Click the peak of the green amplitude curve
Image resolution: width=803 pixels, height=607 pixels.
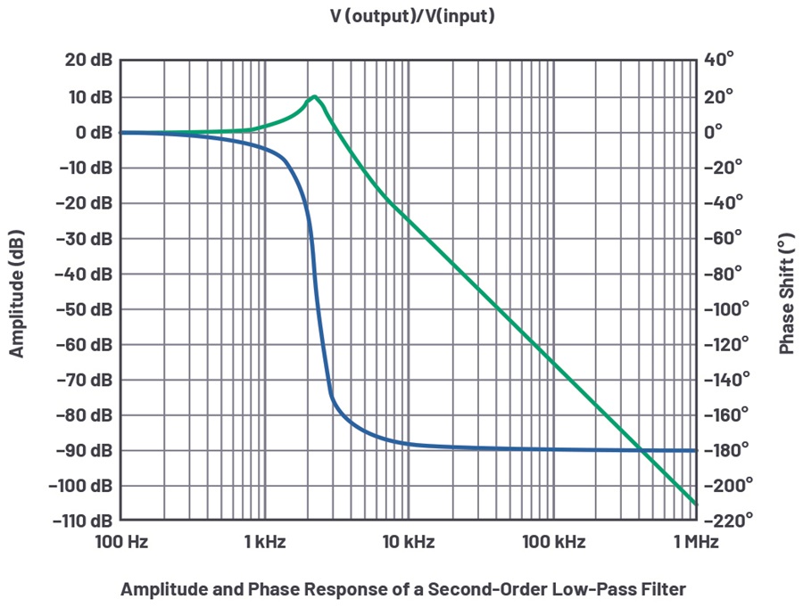pos(314,96)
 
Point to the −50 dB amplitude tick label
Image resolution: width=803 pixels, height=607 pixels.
pos(86,309)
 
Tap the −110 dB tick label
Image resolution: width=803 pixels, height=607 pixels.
pos(82,521)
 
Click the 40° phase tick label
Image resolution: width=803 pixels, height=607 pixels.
pos(719,60)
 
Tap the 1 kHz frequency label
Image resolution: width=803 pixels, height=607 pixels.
pos(264,542)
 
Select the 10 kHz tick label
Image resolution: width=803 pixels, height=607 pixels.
pos(409,542)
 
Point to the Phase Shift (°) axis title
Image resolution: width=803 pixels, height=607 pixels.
pos(786,294)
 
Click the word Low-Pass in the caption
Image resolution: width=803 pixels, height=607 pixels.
pos(593,588)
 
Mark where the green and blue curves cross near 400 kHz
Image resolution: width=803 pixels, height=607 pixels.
pos(642,450)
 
